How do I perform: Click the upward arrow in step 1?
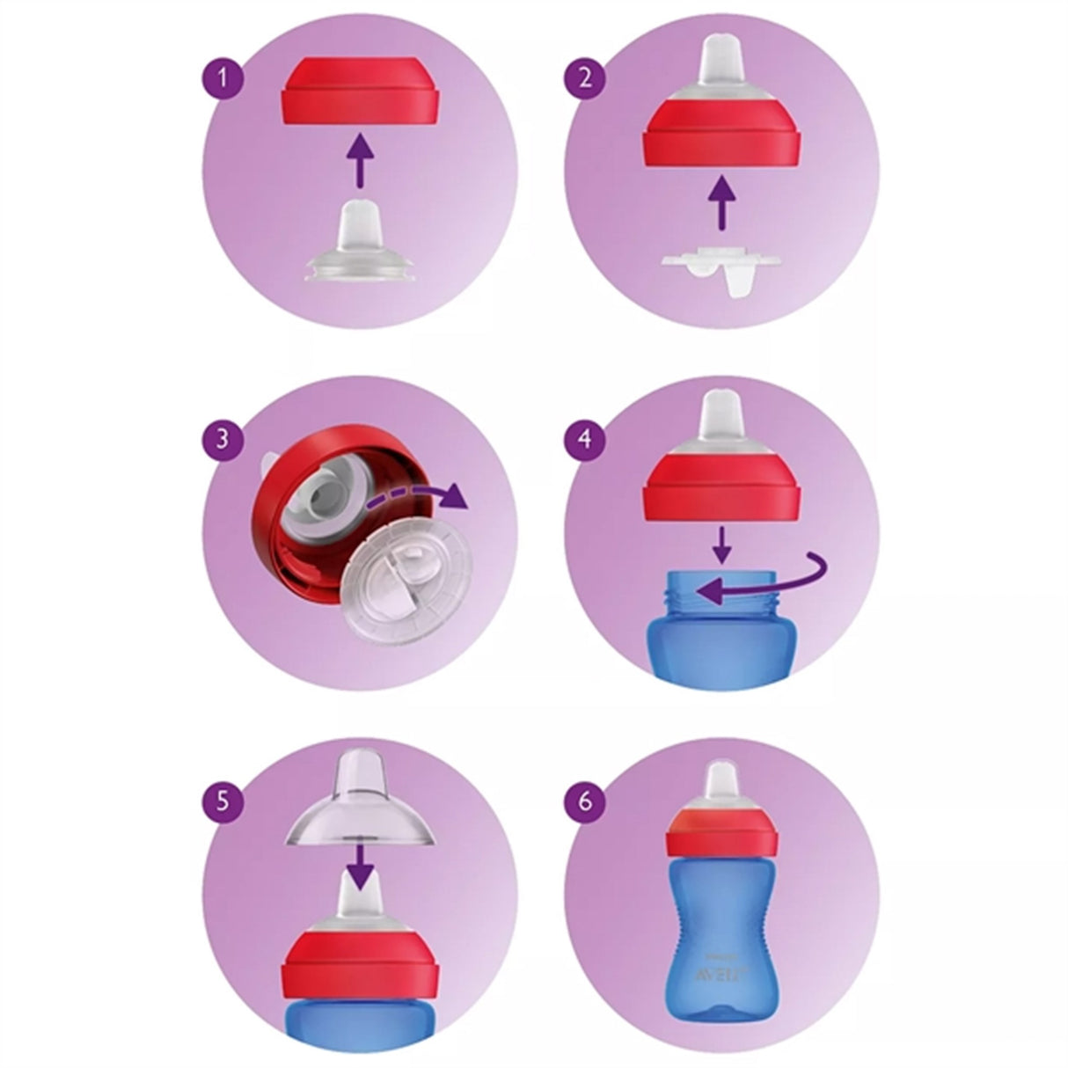357,158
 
